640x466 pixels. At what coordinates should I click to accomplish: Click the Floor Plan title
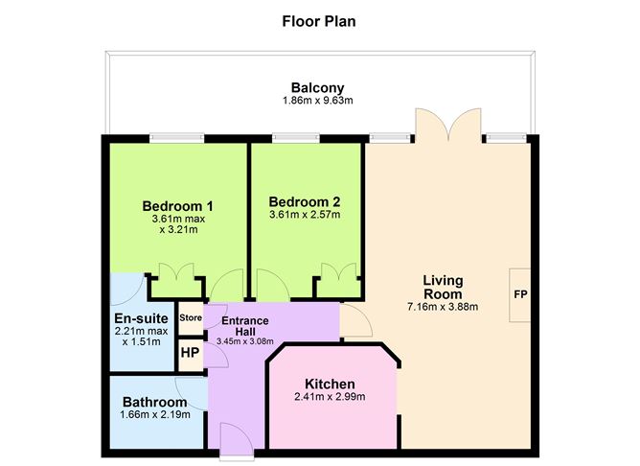pyautogui.click(x=319, y=21)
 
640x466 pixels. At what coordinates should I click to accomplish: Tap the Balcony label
pyautogui.click(x=317, y=88)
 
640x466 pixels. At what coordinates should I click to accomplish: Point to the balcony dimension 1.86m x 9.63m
pyautogui.click(x=317, y=101)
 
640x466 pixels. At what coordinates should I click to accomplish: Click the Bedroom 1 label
pyautogui.click(x=177, y=206)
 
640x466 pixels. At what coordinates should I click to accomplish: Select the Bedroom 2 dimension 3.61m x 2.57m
pyautogui.click(x=305, y=215)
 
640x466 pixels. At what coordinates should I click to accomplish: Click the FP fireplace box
pyautogui.click(x=520, y=295)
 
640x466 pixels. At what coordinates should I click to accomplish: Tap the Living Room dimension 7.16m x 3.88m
pyautogui.click(x=443, y=307)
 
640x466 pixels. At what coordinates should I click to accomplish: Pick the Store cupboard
pyautogui.click(x=191, y=318)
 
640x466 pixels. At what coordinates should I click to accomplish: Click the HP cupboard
pyautogui.click(x=191, y=353)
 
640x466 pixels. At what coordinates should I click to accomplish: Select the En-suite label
pyautogui.click(x=141, y=318)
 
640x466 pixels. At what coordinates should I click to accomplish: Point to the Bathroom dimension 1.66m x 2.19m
pyautogui.click(x=155, y=415)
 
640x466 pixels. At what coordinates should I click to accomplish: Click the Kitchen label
pyautogui.click(x=330, y=384)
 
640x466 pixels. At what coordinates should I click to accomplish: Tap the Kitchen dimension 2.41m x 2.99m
pyautogui.click(x=330, y=397)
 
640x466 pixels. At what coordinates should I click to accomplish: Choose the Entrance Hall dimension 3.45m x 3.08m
pyautogui.click(x=245, y=341)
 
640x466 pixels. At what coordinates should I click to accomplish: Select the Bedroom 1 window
pyautogui.click(x=176, y=138)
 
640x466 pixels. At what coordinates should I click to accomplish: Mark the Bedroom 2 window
pyautogui.click(x=296, y=138)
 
